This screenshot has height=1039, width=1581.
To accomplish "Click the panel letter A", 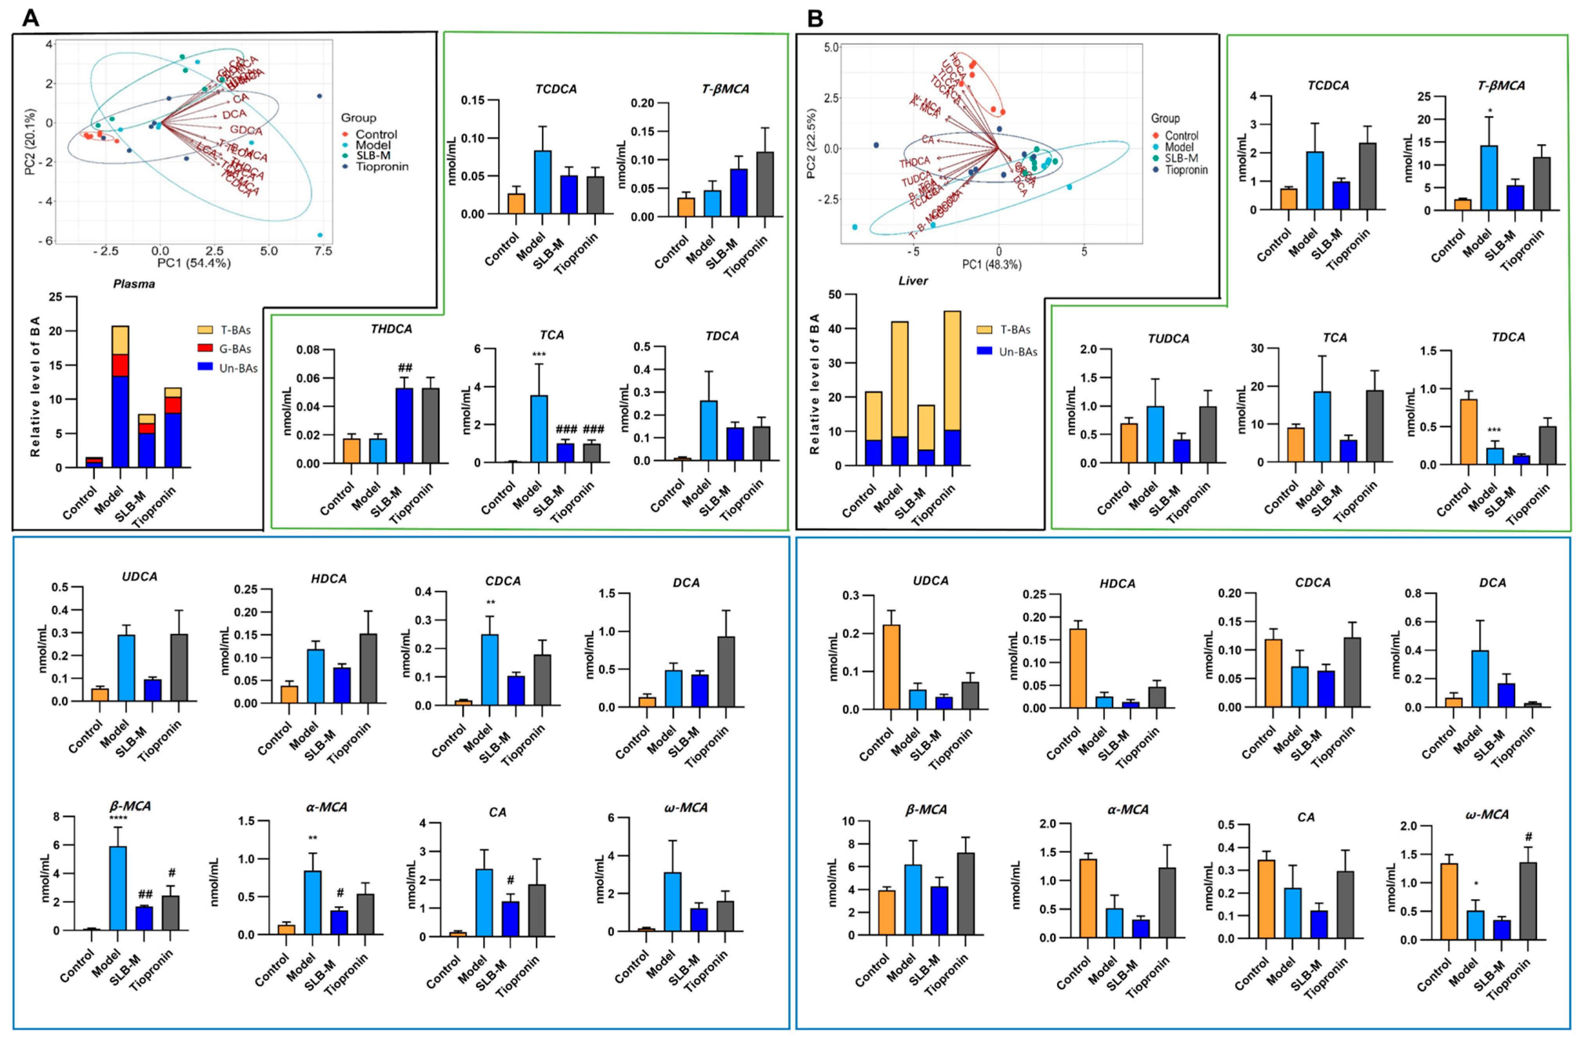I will click(x=30, y=18).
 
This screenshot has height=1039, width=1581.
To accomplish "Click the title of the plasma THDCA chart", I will click(x=391, y=329).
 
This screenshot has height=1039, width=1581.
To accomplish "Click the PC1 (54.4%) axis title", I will click(x=193, y=263).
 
